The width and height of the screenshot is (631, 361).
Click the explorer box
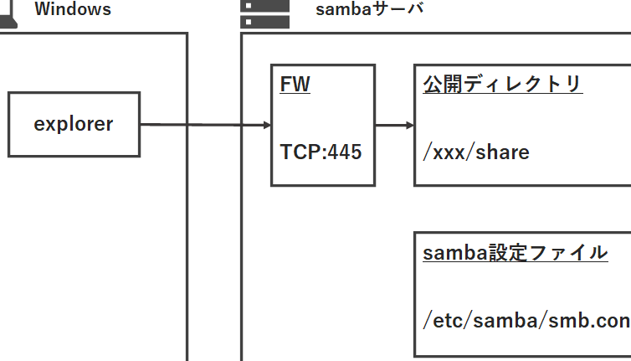click(x=74, y=125)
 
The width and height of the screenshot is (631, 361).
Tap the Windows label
click(x=73, y=10)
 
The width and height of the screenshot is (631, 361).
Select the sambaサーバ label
click(x=369, y=10)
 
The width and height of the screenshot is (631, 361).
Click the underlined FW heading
click(x=295, y=85)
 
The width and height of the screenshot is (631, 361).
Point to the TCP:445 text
click(x=321, y=153)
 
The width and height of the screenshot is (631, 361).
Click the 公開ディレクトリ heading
click(x=502, y=85)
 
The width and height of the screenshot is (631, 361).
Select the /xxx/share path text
click(x=476, y=153)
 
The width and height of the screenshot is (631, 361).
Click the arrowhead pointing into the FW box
click(x=266, y=126)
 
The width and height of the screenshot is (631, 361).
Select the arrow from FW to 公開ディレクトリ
click(x=394, y=126)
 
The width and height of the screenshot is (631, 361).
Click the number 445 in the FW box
click(x=345, y=153)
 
